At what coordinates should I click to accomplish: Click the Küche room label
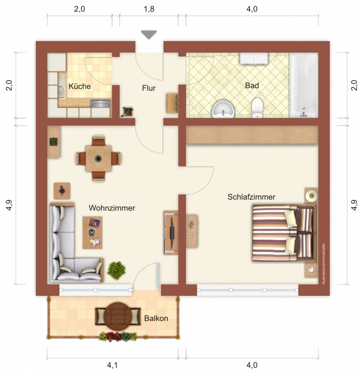pos(80,86)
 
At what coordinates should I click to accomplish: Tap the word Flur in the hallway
pos(149,88)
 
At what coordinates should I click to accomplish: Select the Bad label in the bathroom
pos(252,85)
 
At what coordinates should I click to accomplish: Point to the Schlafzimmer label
pos(251,197)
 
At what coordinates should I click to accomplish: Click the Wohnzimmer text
pos(112,208)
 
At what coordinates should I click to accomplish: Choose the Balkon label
pos(156,318)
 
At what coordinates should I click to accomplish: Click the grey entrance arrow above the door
pos(149,35)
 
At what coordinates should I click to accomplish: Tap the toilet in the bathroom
pos(257,108)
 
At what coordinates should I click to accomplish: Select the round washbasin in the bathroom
pos(223,109)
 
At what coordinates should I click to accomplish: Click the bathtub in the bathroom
pos(303,85)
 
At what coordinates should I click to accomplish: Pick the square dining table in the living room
pos(98,158)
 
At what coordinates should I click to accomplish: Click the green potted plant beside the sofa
pos(116,270)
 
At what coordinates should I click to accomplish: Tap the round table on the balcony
pos(118,317)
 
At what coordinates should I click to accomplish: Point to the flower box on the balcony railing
pos(118,336)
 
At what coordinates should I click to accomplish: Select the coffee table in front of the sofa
pos(93,232)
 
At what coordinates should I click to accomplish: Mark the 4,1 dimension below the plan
pos(112,365)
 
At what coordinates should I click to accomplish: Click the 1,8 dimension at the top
pos(149,9)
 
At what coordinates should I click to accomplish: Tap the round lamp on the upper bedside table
pos(311,196)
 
